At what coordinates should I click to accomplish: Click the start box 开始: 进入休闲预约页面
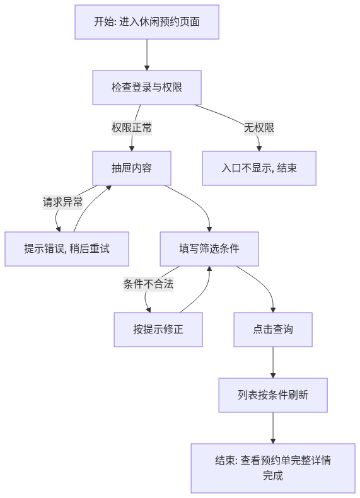coord(147,22)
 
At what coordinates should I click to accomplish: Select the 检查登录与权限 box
coord(147,88)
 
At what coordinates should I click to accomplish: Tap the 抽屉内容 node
coord(132,168)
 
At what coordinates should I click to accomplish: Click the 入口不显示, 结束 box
coord(259,168)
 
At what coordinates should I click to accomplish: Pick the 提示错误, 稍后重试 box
coord(67,248)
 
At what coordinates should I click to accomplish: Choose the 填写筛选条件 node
coord(209,248)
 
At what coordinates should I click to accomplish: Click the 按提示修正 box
coord(158,329)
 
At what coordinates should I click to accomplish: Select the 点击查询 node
coord(273,329)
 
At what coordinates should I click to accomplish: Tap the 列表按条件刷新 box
coord(273,395)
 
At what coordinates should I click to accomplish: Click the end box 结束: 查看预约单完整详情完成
coord(273,468)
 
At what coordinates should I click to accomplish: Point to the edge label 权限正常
coord(132,128)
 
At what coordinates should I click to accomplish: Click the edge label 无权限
coord(259,128)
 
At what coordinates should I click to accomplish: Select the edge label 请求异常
coord(62,202)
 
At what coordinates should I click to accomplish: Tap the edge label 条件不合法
coord(148,284)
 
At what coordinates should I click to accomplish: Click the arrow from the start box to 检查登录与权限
coord(147,55)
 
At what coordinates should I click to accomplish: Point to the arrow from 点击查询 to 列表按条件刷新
coord(273,362)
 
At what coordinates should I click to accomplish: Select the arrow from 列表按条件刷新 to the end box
coord(273,428)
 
